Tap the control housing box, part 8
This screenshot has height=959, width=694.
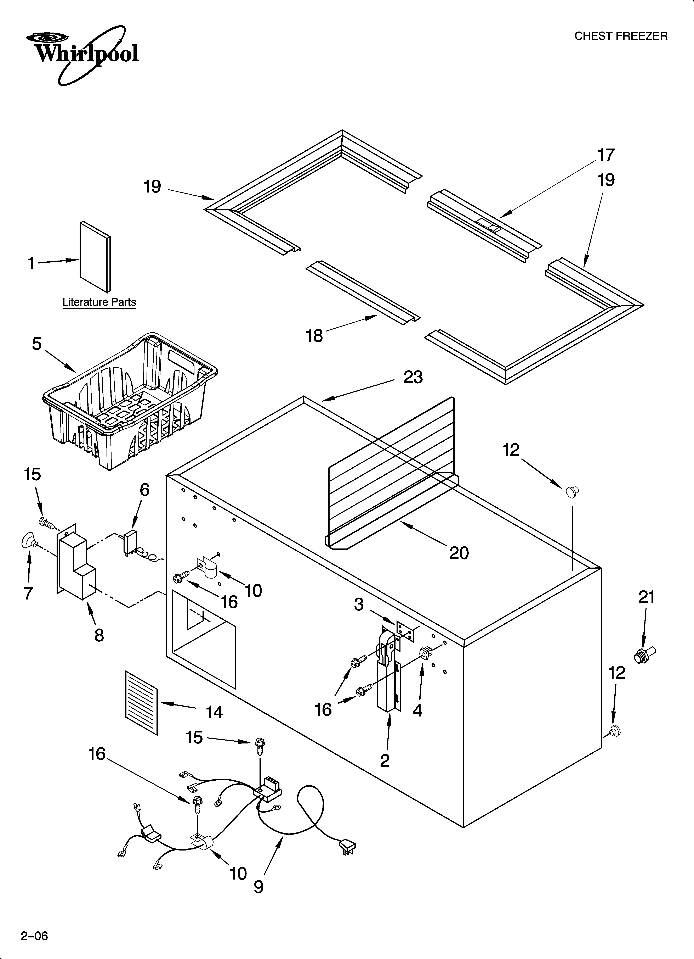(76, 562)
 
